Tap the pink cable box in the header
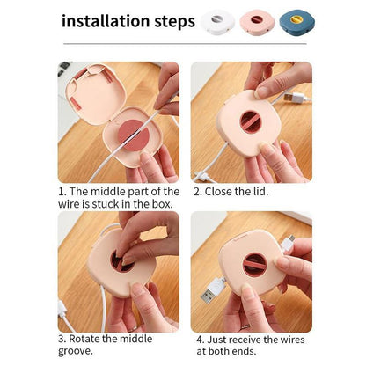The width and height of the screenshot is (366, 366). pos(257,21)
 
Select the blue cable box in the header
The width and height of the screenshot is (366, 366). pos(296,21)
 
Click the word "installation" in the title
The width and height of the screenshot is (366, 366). pos(106,21)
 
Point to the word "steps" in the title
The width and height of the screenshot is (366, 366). pos(175,22)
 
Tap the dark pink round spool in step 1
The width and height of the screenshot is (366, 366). pos(134,135)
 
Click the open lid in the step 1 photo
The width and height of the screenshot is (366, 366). pos(95,93)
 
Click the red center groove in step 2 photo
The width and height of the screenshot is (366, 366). pos(250,122)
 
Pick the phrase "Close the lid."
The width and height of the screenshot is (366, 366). pos(236,192)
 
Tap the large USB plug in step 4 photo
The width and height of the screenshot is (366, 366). pos(212,290)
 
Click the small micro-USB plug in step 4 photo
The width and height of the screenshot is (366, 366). pos(288,243)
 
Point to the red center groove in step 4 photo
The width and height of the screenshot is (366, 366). pos(254,265)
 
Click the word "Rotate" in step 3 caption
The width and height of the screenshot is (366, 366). pos(84,339)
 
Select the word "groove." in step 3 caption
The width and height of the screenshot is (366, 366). pos(76,351)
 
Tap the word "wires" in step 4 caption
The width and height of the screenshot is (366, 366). pos(292,340)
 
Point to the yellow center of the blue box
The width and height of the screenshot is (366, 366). pos(296,19)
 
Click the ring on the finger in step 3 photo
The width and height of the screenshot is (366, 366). pos(133,329)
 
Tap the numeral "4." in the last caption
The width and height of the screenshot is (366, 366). pos(201,340)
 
